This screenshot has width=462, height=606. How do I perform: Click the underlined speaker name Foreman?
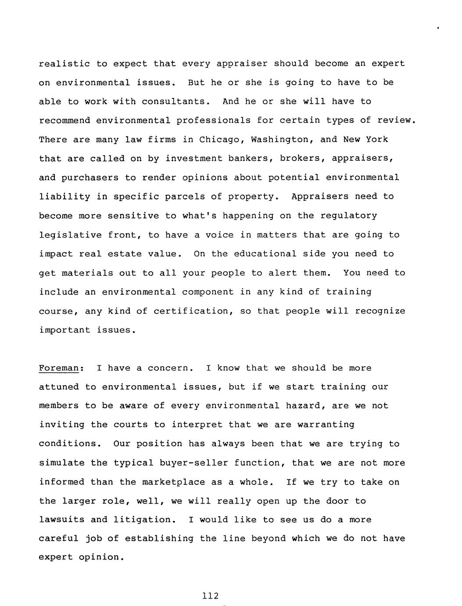(59, 368)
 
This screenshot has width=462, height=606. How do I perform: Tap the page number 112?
(211, 596)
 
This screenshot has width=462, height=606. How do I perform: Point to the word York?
(377, 140)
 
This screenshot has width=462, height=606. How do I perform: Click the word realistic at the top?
(64, 64)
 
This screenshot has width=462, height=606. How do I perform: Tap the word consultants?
(173, 102)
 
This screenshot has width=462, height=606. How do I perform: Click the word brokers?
(299, 159)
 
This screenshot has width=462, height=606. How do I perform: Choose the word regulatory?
(348, 216)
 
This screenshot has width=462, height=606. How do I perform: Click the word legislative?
(70, 235)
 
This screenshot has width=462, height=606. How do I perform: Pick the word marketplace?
(173, 482)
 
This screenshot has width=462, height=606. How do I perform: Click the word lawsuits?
(61, 520)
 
